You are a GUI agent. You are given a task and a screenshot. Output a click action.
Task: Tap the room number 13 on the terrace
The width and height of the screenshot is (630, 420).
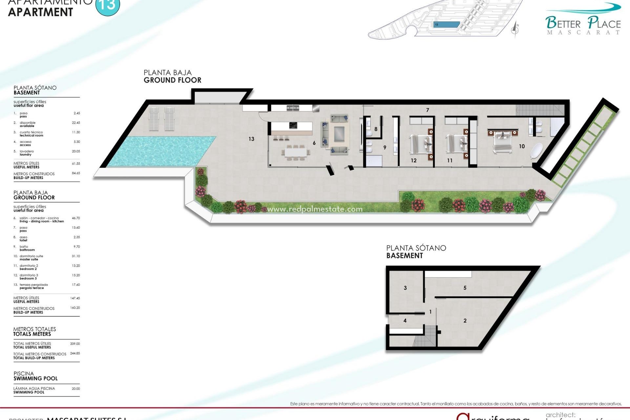point(251,139)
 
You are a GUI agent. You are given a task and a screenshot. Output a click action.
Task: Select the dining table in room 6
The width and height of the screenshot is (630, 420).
point(296,152)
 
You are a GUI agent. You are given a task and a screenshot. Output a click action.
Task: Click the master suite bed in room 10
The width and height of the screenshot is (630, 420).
point(502,141)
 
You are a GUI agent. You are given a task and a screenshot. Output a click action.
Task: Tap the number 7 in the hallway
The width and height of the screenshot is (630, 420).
point(428,110)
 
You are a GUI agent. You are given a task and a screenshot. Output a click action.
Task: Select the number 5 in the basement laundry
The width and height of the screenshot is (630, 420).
point(465,288)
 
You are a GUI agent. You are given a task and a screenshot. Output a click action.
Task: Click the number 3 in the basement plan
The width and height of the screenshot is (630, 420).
point(405,288)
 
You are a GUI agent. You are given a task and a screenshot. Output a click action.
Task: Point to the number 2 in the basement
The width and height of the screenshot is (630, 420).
point(465,321)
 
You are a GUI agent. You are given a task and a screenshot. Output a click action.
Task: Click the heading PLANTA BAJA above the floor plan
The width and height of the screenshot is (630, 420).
point(168,73)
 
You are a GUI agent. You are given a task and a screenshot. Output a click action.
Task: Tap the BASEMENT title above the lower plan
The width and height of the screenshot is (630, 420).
point(405,256)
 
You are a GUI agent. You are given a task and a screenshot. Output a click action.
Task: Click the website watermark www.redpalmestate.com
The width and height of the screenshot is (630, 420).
point(315,209)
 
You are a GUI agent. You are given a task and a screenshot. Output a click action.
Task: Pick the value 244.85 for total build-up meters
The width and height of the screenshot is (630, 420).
point(75,353)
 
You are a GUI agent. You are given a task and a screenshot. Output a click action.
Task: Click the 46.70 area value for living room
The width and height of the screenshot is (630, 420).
point(76,218)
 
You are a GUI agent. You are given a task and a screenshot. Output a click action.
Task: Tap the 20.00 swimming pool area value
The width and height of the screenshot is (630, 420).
point(76,388)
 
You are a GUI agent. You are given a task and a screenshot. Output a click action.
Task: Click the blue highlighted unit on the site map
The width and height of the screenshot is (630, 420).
point(447,25)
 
